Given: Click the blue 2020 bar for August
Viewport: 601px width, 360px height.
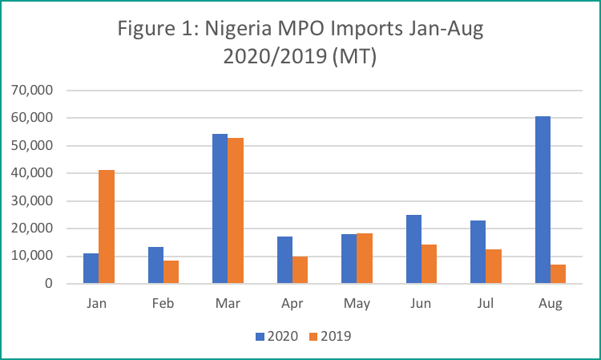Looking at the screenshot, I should click(543, 200).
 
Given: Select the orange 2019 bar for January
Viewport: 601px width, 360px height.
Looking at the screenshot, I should click(107, 227).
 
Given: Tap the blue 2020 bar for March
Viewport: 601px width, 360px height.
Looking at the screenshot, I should click(220, 208).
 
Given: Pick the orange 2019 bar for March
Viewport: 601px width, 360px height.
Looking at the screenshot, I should click(236, 211).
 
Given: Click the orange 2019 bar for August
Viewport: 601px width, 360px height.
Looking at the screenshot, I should click(559, 274).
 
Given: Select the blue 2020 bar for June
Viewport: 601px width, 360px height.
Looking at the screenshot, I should click(413, 249).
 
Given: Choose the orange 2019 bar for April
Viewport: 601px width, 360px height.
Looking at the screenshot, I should click(300, 270).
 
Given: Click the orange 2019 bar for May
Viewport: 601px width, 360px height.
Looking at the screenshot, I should click(365, 258).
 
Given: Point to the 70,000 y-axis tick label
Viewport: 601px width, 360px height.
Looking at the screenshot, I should click(32, 90).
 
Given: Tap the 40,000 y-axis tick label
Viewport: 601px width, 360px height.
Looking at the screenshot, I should click(32, 173).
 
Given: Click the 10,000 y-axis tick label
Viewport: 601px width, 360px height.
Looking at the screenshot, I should click(32, 256).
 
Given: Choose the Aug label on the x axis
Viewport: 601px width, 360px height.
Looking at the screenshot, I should click(551, 305).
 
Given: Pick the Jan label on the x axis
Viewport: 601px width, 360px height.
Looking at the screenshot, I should click(99, 305).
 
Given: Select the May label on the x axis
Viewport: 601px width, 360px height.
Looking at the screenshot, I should click(357, 305).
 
